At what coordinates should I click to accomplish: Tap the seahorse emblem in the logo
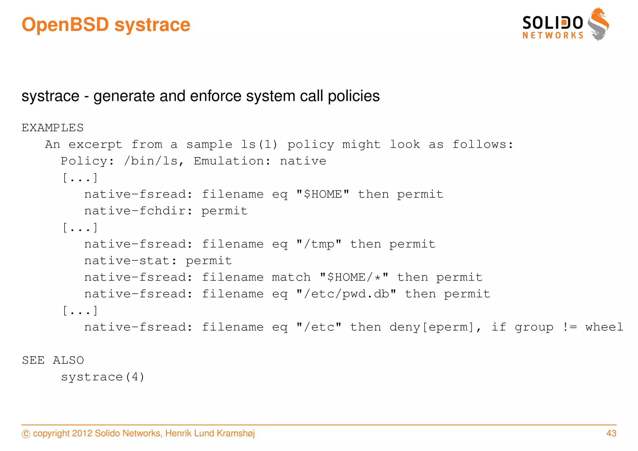(598, 24)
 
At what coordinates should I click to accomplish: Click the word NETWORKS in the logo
(553, 36)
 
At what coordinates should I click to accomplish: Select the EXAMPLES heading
(53, 128)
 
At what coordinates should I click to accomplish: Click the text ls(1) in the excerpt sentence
(259, 144)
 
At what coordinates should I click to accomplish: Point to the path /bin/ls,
(154, 161)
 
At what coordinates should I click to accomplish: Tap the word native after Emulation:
(303, 161)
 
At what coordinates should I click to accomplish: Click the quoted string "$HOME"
(323, 194)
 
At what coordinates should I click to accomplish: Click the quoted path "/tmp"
(319, 244)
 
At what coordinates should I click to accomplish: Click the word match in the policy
(291, 277)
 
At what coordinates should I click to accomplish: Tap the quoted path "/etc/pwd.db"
(346, 294)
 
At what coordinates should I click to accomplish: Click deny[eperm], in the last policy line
(436, 327)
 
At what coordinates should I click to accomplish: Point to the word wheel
(604, 327)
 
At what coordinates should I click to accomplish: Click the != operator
(569, 327)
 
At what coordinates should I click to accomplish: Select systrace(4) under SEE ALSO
(103, 377)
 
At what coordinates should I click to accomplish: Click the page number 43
(611, 433)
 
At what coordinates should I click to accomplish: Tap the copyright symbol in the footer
(26, 434)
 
